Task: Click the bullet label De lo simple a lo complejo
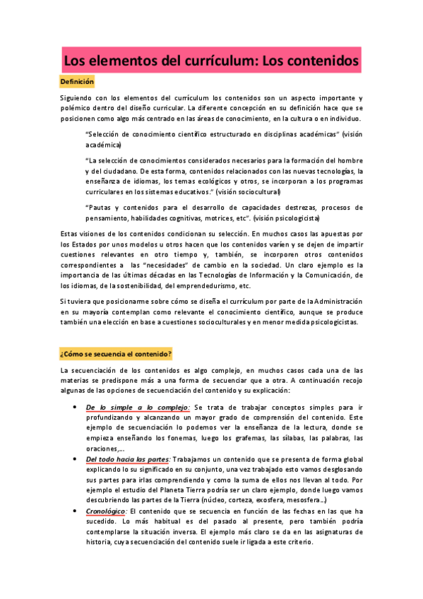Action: pyautogui.click(x=138, y=408)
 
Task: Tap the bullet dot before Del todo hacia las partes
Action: pyautogui.click(x=75, y=459)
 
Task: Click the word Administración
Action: pyautogui.click(x=329, y=302)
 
